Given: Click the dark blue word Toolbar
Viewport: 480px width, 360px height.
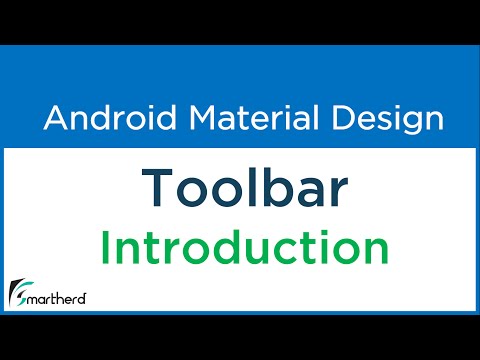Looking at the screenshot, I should pyautogui.click(x=239, y=186).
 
